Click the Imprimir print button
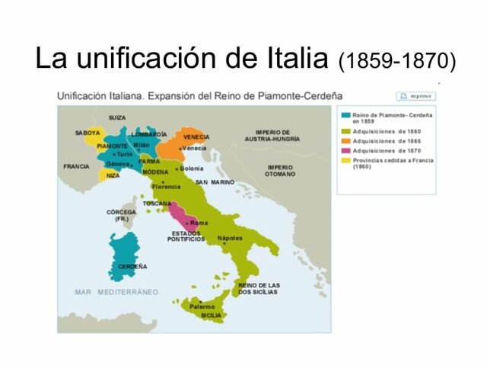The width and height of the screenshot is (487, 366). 415,96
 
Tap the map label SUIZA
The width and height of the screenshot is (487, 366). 117,117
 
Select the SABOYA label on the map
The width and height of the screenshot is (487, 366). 88,133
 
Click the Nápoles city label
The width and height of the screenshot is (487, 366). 230,238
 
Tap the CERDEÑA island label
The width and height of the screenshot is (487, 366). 132,266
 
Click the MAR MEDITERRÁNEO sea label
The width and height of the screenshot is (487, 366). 116,292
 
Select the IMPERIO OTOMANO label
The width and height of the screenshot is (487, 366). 280,170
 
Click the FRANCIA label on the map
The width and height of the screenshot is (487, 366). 76,165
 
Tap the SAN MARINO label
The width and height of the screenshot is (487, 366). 215,182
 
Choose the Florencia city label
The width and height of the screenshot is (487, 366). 167,186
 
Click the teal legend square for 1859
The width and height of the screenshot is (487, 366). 346,115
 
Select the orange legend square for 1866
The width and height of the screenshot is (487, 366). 346,140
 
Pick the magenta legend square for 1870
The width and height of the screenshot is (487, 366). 346,150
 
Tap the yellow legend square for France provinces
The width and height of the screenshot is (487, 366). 346,160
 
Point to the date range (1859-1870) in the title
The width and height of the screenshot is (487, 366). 397,60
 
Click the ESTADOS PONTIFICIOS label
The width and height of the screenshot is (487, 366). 186,236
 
